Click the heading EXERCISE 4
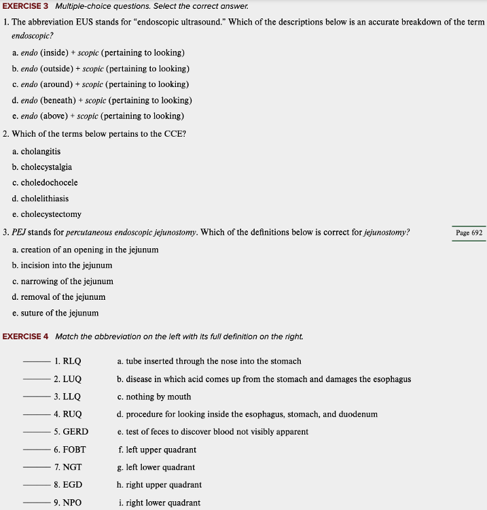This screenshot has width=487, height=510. [x=25, y=337]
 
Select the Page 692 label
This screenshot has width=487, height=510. [x=469, y=233]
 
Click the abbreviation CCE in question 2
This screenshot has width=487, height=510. [x=174, y=134]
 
